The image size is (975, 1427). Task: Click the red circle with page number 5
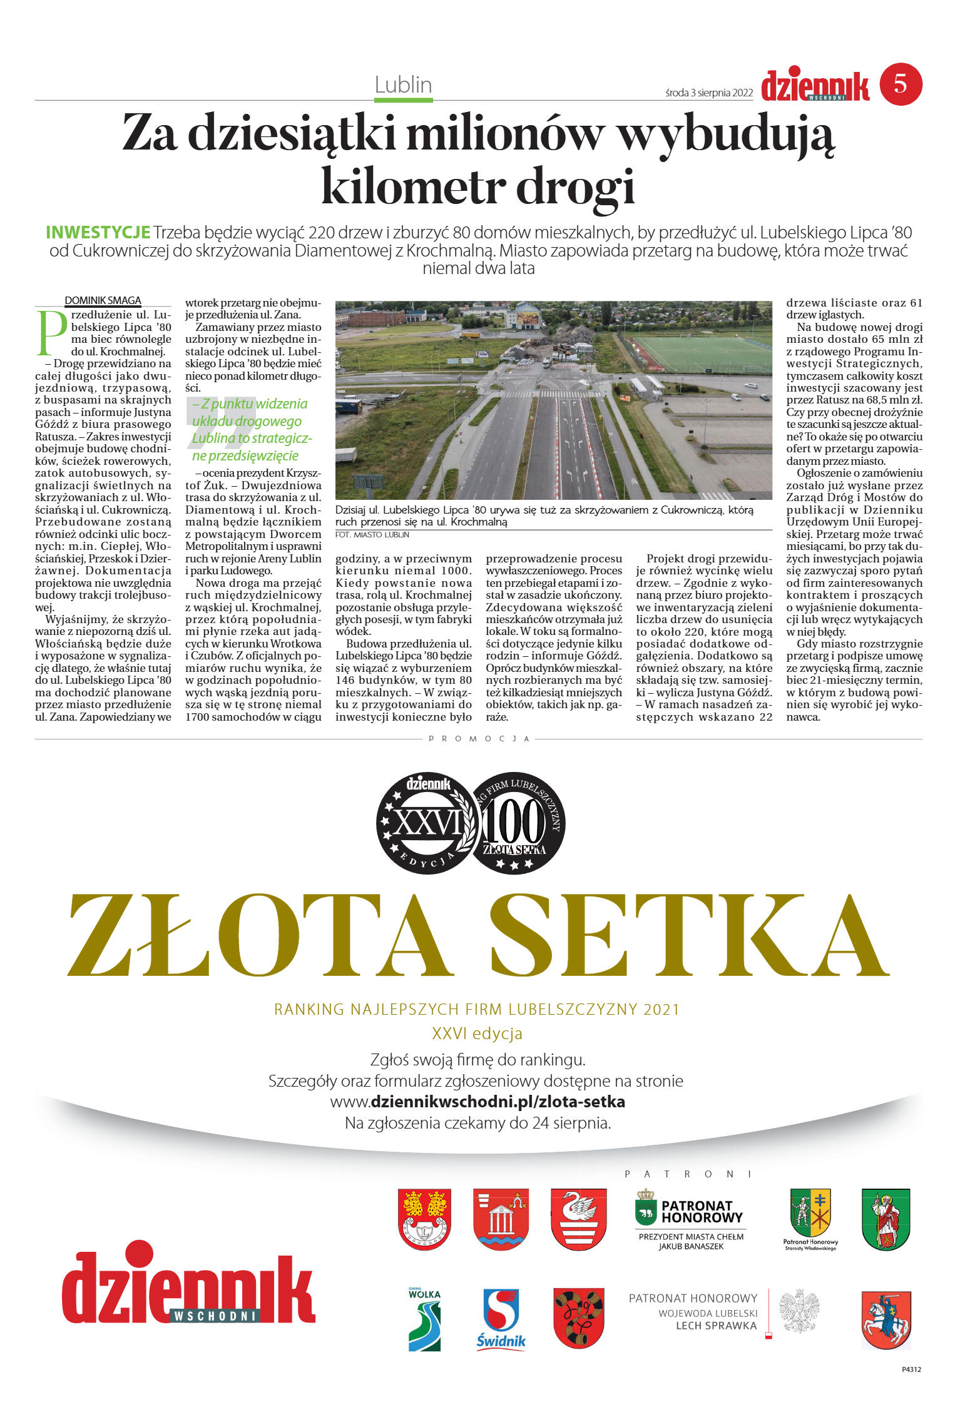pos(901,84)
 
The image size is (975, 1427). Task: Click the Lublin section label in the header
pos(403,84)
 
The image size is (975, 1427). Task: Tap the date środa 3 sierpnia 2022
pos(708,93)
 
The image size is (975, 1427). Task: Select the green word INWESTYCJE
pos(98,233)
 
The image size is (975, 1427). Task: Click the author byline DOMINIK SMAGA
pos(103,301)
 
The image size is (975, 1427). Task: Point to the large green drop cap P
pos(51,332)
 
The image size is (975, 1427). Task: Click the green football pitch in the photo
pos(700,353)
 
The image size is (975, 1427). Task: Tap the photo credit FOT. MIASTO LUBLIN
pos(372,535)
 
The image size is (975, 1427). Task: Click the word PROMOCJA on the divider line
pos(479,739)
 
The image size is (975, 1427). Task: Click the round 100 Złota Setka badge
pos(517,823)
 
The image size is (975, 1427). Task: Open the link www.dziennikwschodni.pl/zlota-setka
pos(477,1102)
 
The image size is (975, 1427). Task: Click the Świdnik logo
pos(501,1319)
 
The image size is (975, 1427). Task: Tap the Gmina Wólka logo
pos(424,1319)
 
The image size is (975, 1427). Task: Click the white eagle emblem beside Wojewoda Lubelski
pos(799,1311)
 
